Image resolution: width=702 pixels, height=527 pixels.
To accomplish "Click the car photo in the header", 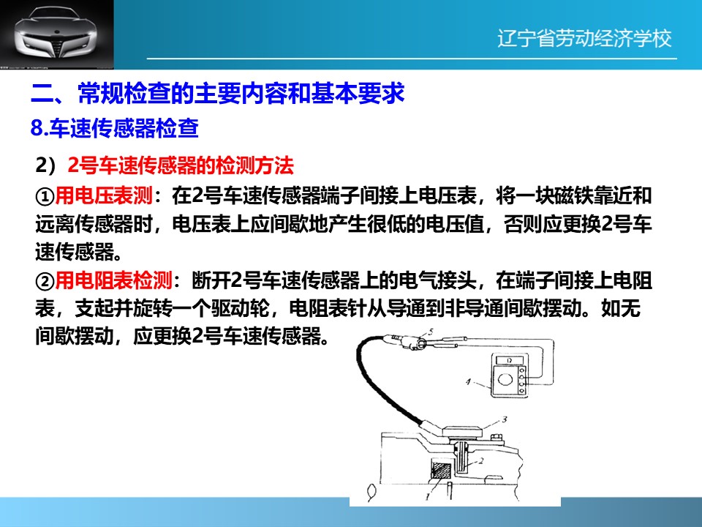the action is click(57, 34).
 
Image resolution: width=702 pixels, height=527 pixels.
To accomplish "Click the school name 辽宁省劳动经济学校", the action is click(584, 38).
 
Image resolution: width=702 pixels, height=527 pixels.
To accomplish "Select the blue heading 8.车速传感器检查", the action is click(115, 127).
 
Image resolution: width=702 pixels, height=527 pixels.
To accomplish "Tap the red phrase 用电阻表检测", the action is click(114, 280).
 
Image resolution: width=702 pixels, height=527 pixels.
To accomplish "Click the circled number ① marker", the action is click(45, 196).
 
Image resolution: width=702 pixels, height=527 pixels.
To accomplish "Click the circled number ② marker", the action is click(45, 281).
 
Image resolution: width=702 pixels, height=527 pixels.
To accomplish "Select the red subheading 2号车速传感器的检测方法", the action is click(181, 165).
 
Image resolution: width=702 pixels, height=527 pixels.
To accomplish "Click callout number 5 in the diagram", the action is click(431, 332).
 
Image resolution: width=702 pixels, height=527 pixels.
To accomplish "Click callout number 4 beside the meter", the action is click(468, 382).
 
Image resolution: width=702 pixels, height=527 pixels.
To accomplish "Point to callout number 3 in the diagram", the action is click(505, 419).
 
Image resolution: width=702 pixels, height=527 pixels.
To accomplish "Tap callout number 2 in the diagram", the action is click(481, 460).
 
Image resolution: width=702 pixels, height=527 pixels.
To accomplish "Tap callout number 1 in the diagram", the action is click(428, 496).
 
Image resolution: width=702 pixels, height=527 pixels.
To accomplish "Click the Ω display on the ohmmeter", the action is click(510, 361).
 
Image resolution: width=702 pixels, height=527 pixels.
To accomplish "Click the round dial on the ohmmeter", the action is click(505, 380).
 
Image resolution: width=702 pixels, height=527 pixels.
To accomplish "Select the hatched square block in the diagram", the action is click(440, 471).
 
